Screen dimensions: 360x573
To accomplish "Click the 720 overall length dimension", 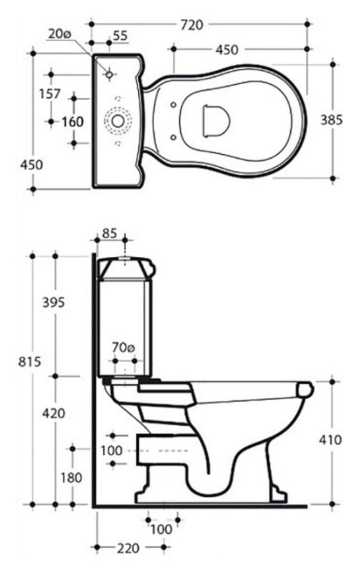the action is coord(191,25).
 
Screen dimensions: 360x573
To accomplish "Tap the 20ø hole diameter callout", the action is coord(59,34).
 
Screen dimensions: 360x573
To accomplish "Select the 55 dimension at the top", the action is coord(120,35).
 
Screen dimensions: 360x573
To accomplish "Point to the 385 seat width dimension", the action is coord(331,120).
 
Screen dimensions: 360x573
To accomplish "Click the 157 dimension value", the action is coord(49,94).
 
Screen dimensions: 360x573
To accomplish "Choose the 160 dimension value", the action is coord(73,122).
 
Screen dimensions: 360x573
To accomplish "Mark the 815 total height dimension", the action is coord(29,362).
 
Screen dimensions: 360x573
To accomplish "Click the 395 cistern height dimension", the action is coord(53,302).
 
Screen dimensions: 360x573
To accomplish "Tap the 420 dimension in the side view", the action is coord(53,413).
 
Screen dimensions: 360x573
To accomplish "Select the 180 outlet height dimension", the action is coord(71,477).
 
